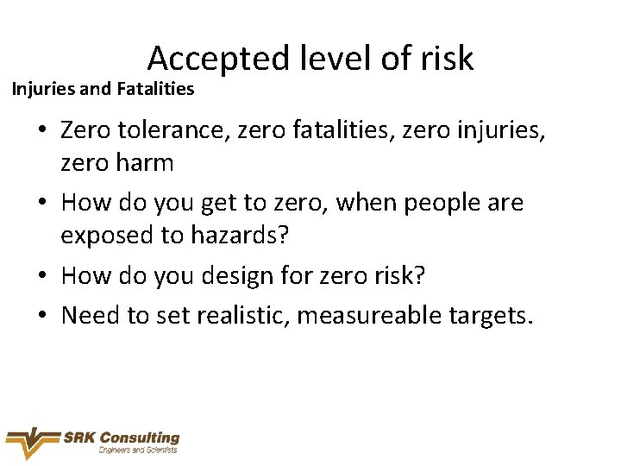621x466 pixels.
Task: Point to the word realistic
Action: pyautogui.click(x=241, y=315)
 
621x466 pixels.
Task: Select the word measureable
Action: pyautogui.click(x=363, y=315)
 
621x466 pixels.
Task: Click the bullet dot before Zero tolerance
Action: pyautogui.click(x=41, y=132)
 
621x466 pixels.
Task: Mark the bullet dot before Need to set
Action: pyautogui.click(x=41, y=316)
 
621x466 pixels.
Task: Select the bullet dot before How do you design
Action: pyautogui.click(x=41, y=276)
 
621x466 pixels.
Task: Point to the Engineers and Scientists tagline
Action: pyautogui.click(x=138, y=450)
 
